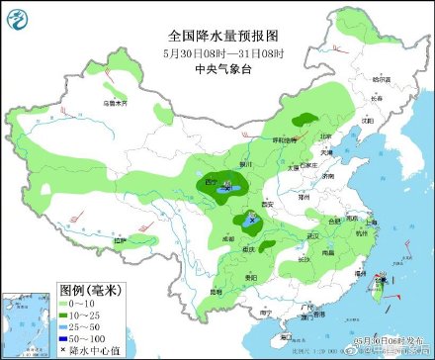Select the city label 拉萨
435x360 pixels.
(121, 239)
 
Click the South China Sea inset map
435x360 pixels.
(29, 325)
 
